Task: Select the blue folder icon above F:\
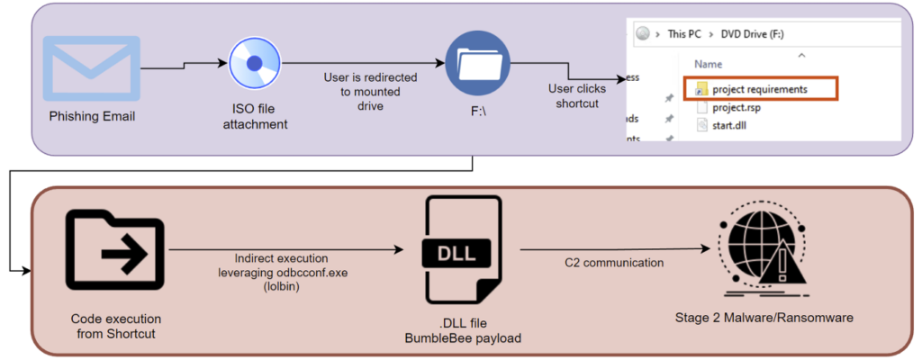(x=477, y=63)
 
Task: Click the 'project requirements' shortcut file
(x=759, y=89)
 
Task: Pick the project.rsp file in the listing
(x=737, y=107)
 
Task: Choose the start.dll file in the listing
(x=731, y=124)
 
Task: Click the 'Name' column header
(x=709, y=65)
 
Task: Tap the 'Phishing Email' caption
(x=94, y=117)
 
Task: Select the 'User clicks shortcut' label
(x=577, y=95)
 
